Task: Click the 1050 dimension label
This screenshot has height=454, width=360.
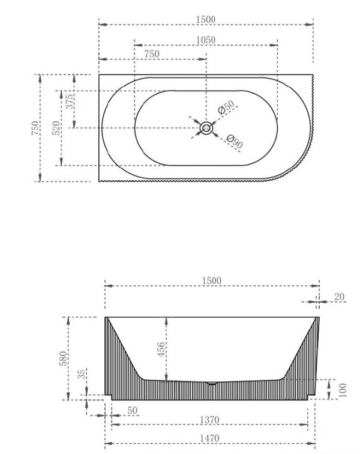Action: coord(206,40)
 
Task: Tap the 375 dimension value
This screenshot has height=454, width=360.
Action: coord(70,101)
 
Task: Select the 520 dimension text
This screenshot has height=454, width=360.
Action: coord(57,128)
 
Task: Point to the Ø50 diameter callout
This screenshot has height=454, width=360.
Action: coord(226,107)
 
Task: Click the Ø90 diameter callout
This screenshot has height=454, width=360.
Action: coord(234,141)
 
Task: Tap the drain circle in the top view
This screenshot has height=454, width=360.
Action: coord(206,128)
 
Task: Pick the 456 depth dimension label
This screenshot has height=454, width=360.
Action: coord(161,350)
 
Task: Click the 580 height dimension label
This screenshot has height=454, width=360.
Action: coord(63,359)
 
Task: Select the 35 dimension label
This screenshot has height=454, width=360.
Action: coord(82,374)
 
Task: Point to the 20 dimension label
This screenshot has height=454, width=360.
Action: coord(340,297)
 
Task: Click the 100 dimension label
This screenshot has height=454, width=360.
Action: coord(343,390)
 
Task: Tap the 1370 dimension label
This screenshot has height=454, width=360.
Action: coord(209,420)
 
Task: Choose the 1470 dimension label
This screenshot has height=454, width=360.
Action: coord(209,438)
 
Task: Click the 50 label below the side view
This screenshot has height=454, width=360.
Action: coord(132,410)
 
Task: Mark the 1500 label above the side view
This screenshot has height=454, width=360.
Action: coord(212,280)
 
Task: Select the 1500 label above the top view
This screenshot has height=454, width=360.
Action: coord(206,19)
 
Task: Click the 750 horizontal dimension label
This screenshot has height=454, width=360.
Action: coord(152,54)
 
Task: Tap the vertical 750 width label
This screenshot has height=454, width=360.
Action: coord(35,128)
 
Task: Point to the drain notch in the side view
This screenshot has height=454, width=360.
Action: coord(212,383)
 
